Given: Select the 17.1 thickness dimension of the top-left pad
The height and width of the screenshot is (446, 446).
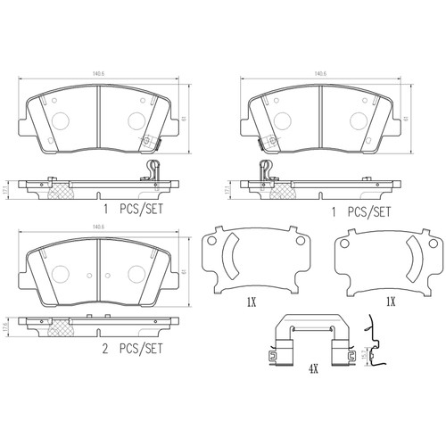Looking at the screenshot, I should click(x=7, y=190).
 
